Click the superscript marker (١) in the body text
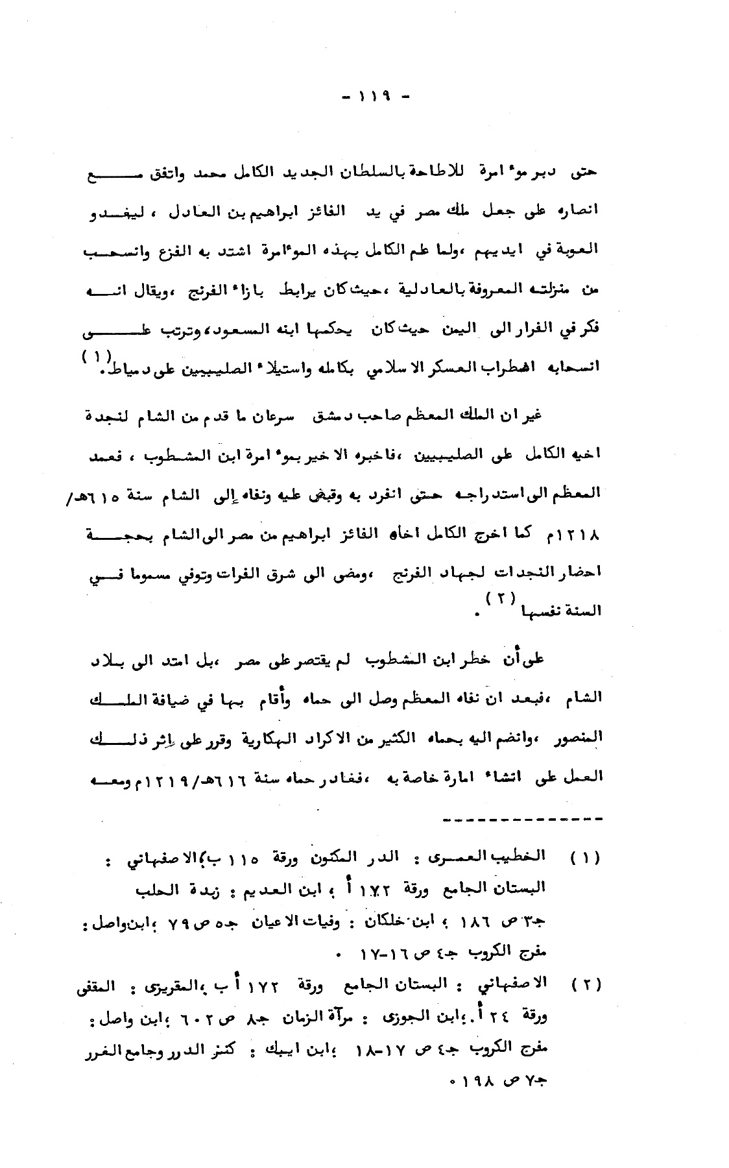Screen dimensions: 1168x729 coord(97,356)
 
